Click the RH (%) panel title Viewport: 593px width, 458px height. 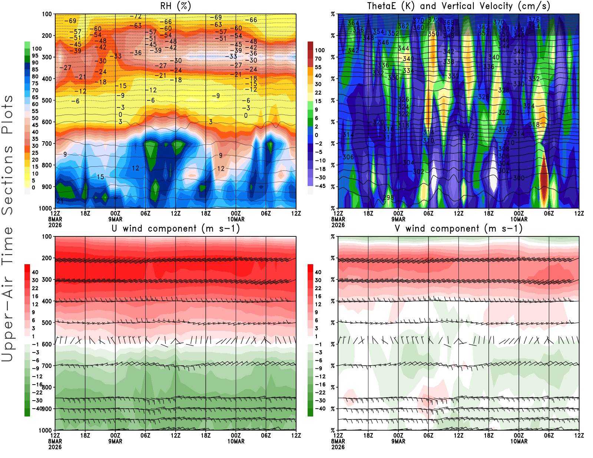tap(175, 6)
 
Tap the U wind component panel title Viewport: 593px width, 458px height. tap(176, 229)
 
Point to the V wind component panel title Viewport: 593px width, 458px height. tap(458, 229)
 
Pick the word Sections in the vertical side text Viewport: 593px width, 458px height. tap(7, 180)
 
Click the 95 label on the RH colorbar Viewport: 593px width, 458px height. tap(35, 56)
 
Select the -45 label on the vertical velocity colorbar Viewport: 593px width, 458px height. tap(320, 186)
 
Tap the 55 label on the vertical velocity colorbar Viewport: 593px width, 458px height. tap(318, 67)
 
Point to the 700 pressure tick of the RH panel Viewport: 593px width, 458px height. tap(47, 143)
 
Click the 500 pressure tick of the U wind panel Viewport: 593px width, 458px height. tap(47, 323)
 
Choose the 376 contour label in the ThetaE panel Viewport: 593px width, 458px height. tap(534, 20)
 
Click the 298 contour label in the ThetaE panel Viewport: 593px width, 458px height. tap(388, 197)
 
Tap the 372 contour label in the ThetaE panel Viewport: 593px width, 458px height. tap(433, 20)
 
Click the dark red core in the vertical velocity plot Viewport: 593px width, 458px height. tap(544, 178)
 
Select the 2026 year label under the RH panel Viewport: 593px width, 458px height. tap(55, 225)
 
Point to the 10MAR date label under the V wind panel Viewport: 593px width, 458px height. tap(519, 441)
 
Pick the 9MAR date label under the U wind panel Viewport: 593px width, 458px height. tap(115, 441)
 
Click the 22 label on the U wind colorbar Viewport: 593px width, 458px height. tap(35, 288)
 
